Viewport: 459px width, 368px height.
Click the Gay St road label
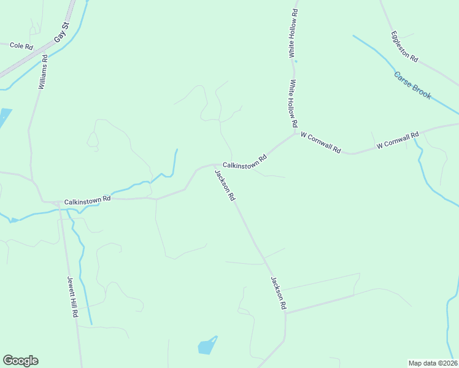[x=63, y=33]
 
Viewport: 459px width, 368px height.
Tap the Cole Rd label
[x=21, y=46]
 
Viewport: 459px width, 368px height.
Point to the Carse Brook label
[x=413, y=86]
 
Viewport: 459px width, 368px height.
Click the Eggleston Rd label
[x=404, y=47]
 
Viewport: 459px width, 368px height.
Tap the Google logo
[x=20, y=361]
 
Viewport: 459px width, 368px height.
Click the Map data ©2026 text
[x=433, y=363]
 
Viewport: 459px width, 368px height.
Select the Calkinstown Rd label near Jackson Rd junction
[x=245, y=161]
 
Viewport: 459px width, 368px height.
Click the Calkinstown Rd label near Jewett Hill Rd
[x=87, y=199]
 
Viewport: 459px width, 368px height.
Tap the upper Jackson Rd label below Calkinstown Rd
[x=225, y=186]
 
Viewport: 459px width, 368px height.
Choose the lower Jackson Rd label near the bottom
[x=279, y=293]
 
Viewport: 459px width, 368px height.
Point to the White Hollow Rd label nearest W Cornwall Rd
[x=294, y=104]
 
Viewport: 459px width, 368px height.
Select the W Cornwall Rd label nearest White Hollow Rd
[x=320, y=142]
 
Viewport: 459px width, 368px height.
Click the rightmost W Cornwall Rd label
[x=397, y=140]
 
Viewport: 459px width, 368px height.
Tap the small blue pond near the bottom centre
[x=207, y=346]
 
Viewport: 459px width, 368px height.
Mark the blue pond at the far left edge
[x=4, y=117]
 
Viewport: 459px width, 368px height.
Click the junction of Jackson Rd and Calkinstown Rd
[x=214, y=165]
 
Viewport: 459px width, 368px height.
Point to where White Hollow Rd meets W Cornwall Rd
[x=295, y=134]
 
